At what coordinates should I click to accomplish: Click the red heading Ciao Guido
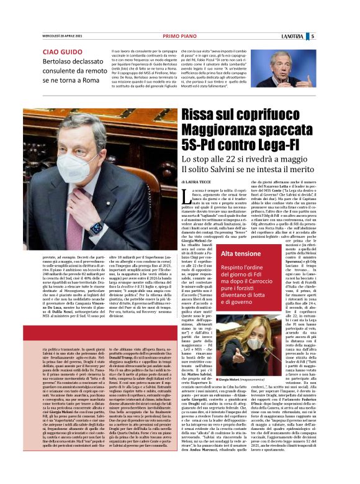(x=61, y=52)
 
